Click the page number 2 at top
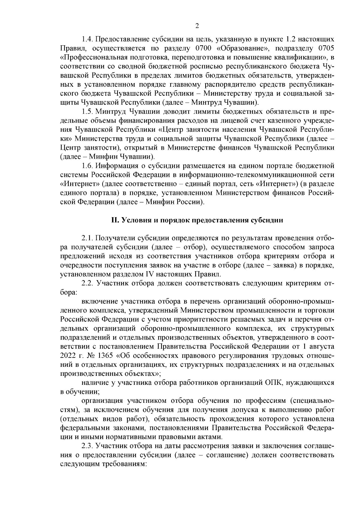coord(197,26)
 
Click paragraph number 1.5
coord(88,112)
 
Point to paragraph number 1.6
coord(88,166)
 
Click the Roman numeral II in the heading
coord(114,220)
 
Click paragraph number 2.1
coord(88,238)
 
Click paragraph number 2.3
coord(88,446)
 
